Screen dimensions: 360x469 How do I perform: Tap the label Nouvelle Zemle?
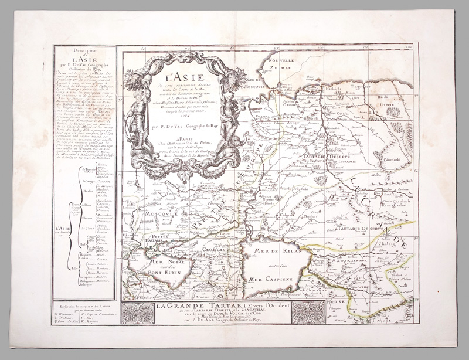click(x=280, y=64)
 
